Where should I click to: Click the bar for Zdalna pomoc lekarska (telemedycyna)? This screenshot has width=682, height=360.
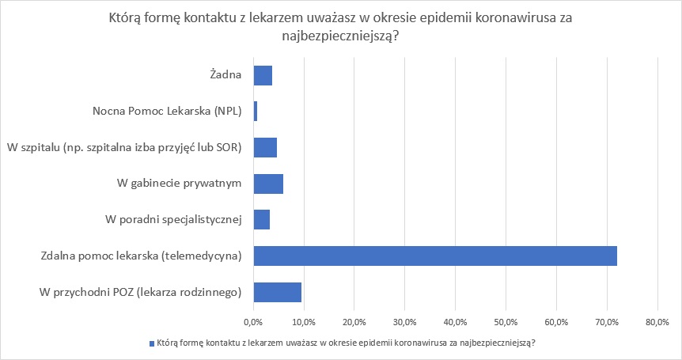click(434, 256)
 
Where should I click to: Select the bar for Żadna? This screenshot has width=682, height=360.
click(263, 76)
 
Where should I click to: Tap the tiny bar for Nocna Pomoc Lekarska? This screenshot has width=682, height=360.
click(255, 112)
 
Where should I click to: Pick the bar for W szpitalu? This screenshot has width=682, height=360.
click(265, 148)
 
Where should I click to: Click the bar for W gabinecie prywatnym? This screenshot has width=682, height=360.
click(268, 184)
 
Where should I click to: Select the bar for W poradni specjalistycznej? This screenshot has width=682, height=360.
click(262, 219)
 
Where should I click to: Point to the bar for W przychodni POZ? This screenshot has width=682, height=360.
click(277, 292)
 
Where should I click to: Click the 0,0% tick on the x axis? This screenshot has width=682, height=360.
click(253, 322)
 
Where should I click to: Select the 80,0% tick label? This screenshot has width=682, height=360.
click(657, 322)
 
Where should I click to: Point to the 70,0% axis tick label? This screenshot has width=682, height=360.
click(607, 322)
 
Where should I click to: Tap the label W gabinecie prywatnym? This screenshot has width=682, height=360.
click(178, 184)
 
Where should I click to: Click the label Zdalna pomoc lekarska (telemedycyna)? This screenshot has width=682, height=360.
click(141, 256)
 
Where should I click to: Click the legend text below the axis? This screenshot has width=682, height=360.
click(345, 343)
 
